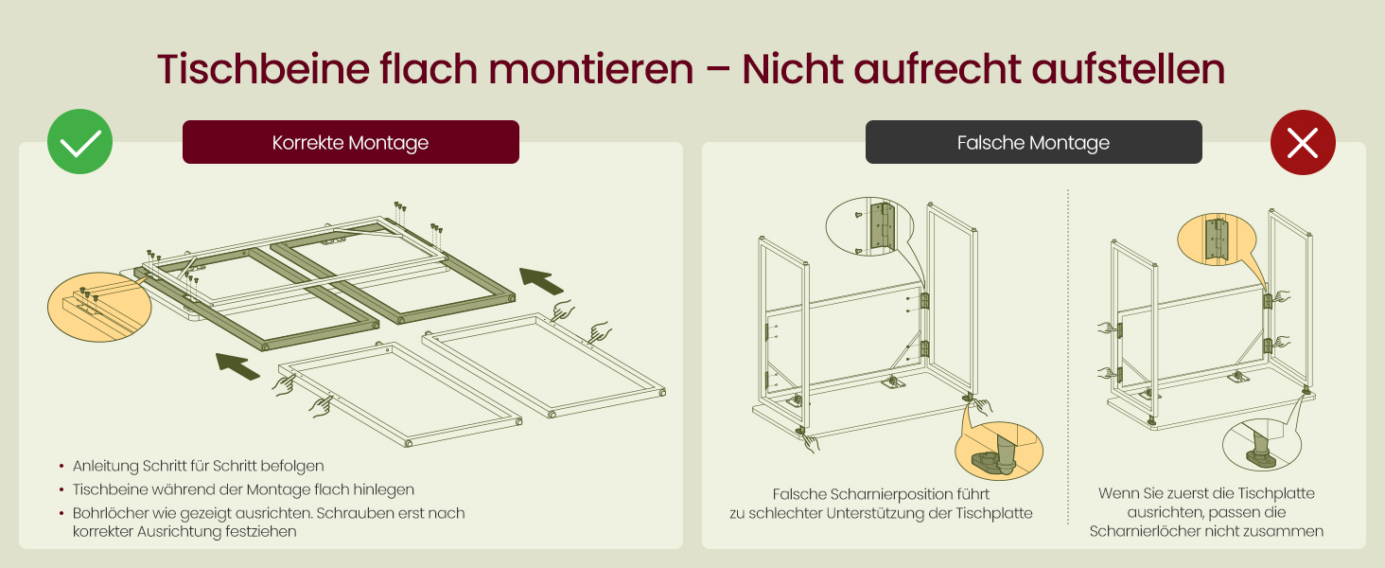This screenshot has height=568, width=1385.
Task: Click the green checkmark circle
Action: [x=79, y=142]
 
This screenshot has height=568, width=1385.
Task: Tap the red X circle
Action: [x=1303, y=142]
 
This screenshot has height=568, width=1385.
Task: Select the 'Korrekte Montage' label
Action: [x=351, y=142]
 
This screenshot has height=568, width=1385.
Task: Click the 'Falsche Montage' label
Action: [x=1034, y=142]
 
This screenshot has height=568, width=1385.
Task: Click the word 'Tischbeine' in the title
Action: [x=263, y=69]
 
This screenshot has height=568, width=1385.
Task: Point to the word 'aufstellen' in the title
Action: [x=1129, y=69]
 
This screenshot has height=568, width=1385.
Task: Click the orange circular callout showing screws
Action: [x=99, y=308]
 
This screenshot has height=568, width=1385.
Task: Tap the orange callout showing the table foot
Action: [x=999, y=451]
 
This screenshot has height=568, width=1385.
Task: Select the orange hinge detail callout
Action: [x=1218, y=240]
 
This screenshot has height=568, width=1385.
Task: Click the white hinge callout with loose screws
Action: [x=870, y=226]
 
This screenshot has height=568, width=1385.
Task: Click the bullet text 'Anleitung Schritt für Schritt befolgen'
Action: [x=199, y=466]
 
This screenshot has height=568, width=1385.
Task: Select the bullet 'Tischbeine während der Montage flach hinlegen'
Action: [x=244, y=489]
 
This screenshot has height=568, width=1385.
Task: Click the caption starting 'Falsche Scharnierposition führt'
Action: [x=881, y=504]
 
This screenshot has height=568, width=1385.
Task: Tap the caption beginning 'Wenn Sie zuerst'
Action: [x=1206, y=512]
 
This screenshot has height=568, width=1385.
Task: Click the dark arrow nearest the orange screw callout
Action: [x=238, y=365]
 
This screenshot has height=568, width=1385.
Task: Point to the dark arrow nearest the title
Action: [x=542, y=281]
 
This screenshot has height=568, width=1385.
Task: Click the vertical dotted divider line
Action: [x=1068, y=357]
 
